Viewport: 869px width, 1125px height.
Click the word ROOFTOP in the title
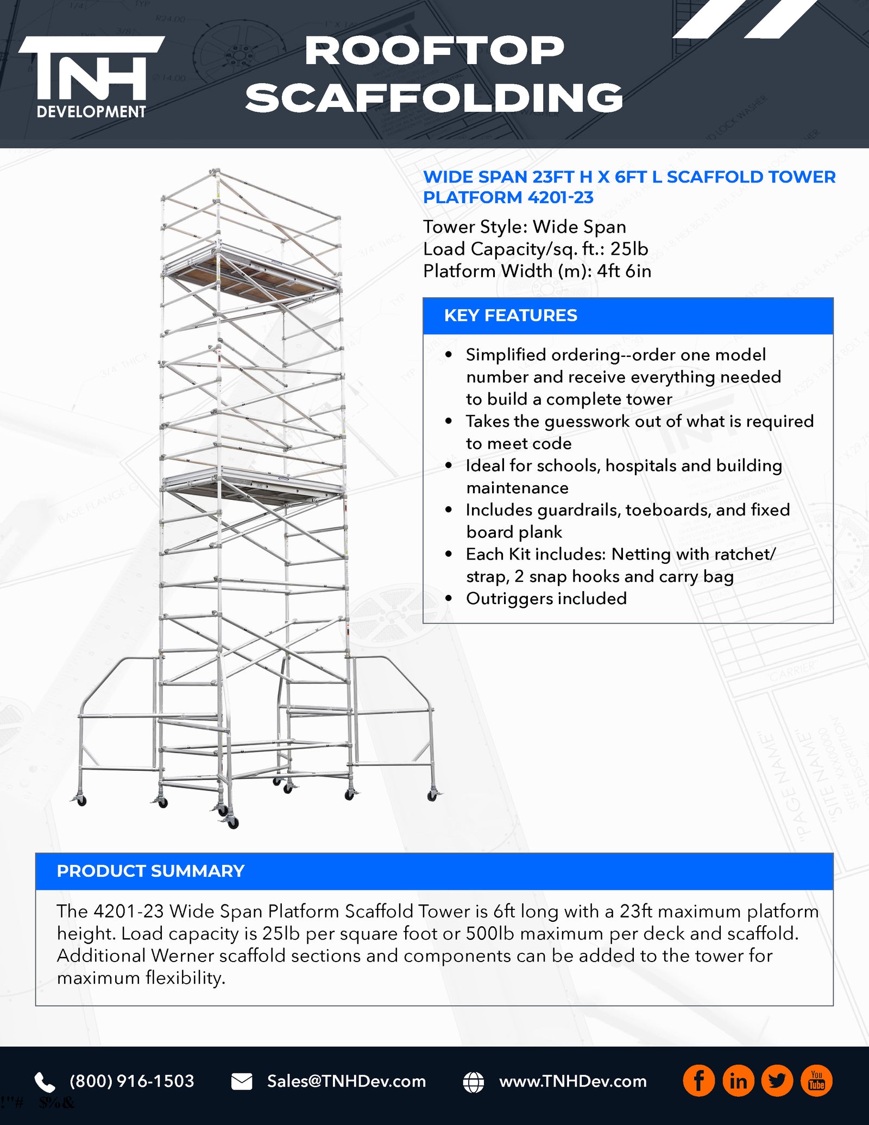(434, 52)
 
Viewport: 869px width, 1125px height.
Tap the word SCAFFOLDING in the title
(434, 98)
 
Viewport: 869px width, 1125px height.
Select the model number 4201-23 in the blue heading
(560, 197)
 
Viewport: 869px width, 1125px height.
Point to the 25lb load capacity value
(629, 249)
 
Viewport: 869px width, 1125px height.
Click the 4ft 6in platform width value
(624, 271)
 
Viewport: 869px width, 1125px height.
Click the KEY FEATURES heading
(511, 316)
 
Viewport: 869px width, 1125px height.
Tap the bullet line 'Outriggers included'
(546, 599)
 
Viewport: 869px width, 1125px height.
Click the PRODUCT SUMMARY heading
(150, 871)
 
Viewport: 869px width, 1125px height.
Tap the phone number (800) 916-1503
(132, 1081)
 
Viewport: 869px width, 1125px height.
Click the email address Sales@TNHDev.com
(346, 1081)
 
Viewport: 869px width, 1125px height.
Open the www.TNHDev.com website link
(573, 1081)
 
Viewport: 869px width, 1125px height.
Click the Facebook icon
(698, 1081)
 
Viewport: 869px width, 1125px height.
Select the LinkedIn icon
(738, 1081)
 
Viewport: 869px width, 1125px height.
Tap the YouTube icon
(816, 1081)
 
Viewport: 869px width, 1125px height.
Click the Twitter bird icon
(777, 1081)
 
